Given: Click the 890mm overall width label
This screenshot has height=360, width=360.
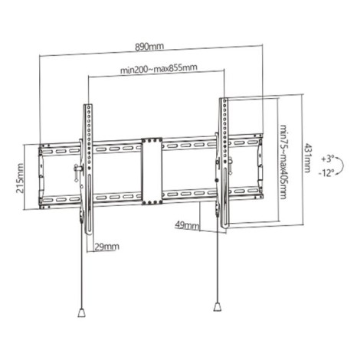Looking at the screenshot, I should [x=150, y=44].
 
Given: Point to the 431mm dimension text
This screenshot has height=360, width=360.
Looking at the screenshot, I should [x=309, y=162].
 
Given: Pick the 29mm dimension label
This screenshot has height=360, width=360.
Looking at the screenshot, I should [x=106, y=247].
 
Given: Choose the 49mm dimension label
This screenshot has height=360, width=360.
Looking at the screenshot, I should [x=186, y=226].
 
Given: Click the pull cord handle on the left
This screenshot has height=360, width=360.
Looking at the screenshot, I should [x=80, y=313].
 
